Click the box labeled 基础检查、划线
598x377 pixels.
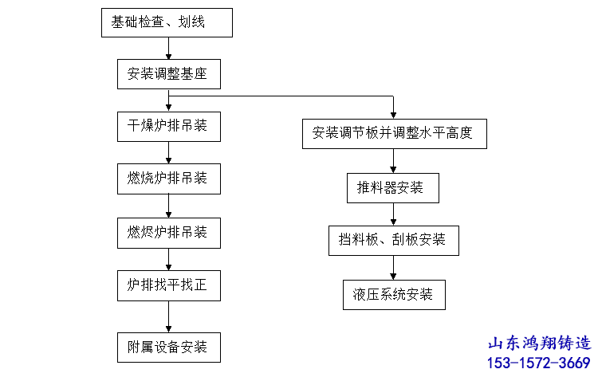click(167, 23)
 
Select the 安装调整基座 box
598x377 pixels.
click(169, 74)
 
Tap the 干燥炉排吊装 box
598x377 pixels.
click(169, 127)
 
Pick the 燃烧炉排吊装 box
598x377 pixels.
click(169, 179)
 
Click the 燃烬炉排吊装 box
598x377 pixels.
click(169, 233)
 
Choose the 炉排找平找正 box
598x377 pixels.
click(169, 285)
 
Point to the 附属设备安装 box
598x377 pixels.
click(169, 348)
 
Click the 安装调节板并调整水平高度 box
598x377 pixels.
click(395, 134)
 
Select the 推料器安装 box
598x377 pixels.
click(393, 188)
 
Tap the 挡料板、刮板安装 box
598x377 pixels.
click(394, 241)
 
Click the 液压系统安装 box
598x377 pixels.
click(395, 295)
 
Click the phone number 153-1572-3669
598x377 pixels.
click(539, 363)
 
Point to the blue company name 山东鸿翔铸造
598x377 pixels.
click(540, 343)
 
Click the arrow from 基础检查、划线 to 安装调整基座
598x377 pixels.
click(168, 49)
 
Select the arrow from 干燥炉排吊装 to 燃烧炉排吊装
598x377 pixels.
click(168, 153)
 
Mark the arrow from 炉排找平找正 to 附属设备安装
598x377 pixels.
click(168, 316)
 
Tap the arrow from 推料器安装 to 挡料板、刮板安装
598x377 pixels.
click(393, 214)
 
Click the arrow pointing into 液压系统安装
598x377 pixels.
click(393, 268)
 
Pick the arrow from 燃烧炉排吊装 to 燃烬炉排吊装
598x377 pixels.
click(168, 206)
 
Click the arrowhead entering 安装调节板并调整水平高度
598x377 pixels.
click(393, 116)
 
